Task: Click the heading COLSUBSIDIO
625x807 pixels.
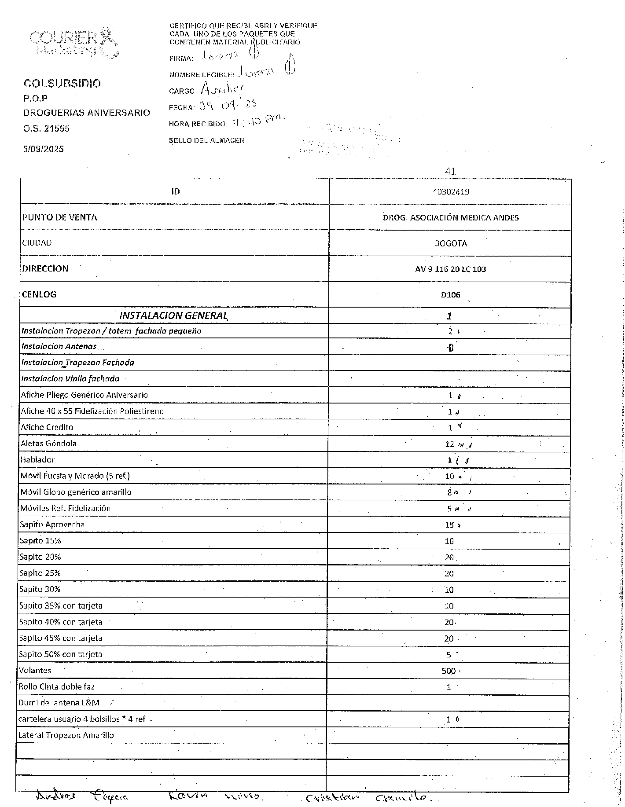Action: pyautogui.click(x=62, y=84)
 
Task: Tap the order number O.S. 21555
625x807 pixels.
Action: pyautogui.click(x=46, y=128)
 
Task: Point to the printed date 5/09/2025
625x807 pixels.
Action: pyautogui.click(x=44, y=149)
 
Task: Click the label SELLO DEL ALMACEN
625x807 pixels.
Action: pyautogui.click(x=207, y=140)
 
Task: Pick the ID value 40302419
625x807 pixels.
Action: pyautogui.click(x=450, y=192)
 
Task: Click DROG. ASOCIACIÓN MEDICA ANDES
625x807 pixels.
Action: pyautogui.click(x=450, y=217)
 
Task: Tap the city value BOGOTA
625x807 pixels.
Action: pyautogui.click(x=450, y=243)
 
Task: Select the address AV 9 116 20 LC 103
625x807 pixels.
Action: pyautogui.click(x=450, y=269)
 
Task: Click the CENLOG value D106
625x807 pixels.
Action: pyautogui.click(x=450, y=295)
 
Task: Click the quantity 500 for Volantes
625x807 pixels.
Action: pyautogui.click(x=449, y=671)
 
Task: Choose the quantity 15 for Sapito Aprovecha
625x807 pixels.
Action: pyautogui.click(x=449, y=525)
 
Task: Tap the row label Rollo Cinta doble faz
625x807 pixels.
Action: pyautogui.click(x=56, y=686)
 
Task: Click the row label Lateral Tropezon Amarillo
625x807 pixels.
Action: pyautogui.click(x=66, y=735)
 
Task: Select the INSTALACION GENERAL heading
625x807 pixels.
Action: pyautogui.click(x=173, y=315)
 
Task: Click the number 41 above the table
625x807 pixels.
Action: pyautogui.click(x=450, y=171)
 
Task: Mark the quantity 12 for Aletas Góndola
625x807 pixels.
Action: pyautogui.click(x=449, y=444)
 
